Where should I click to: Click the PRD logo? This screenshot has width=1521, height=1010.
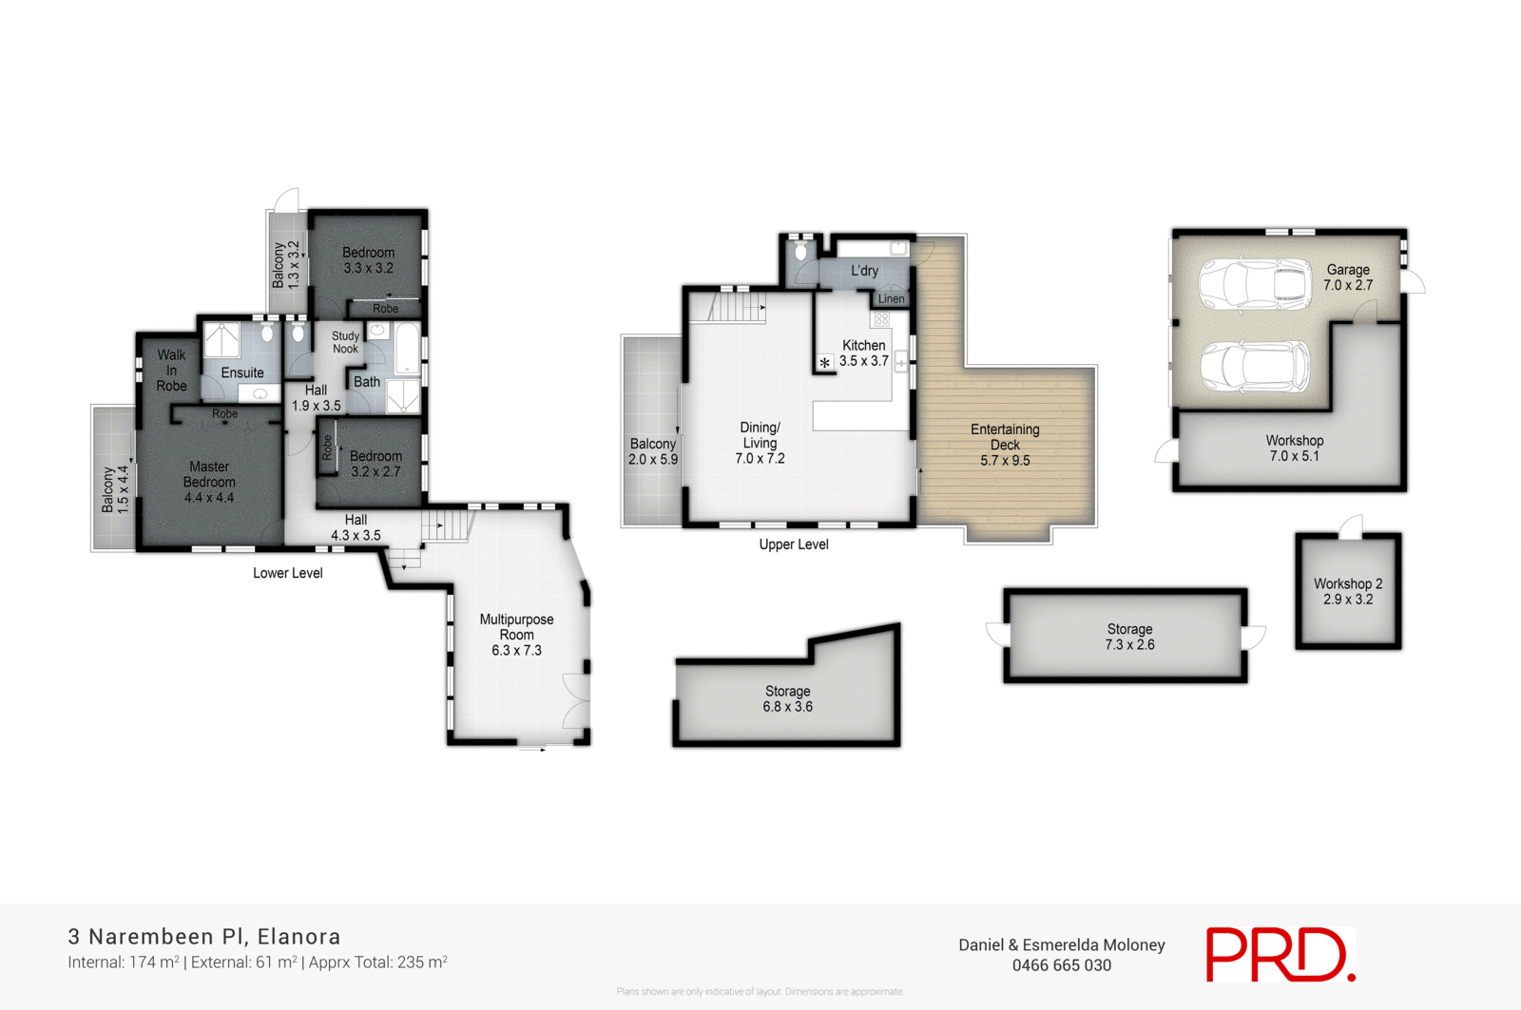point(1280,954)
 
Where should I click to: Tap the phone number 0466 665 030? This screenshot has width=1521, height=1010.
point(1061,965)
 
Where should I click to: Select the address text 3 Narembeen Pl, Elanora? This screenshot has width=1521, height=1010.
point(204,937)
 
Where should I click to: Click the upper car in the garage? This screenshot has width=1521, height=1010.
point(1255,284)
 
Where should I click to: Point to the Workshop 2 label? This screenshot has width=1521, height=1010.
point(1348,591)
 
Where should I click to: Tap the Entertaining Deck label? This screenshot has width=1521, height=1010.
point(1005,445)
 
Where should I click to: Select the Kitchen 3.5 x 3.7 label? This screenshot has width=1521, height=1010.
point(863,353)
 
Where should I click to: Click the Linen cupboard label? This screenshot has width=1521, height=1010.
point(891,299)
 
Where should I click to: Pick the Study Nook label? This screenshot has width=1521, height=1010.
point(345,342)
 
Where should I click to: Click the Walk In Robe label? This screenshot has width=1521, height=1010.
point(171,370)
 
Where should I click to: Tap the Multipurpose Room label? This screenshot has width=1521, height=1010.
point(516,634)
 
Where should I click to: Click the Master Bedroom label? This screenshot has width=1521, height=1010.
point(209,482)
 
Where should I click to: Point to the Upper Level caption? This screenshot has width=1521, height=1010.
point(793,544)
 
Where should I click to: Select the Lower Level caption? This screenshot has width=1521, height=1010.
point(287,573)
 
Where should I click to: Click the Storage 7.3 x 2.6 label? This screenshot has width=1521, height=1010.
point(1129,637)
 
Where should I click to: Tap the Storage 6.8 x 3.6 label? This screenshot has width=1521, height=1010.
point(787,698)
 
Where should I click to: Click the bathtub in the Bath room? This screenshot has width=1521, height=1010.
point(407,348)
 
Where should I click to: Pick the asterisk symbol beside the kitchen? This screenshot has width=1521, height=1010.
point(824,363)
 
